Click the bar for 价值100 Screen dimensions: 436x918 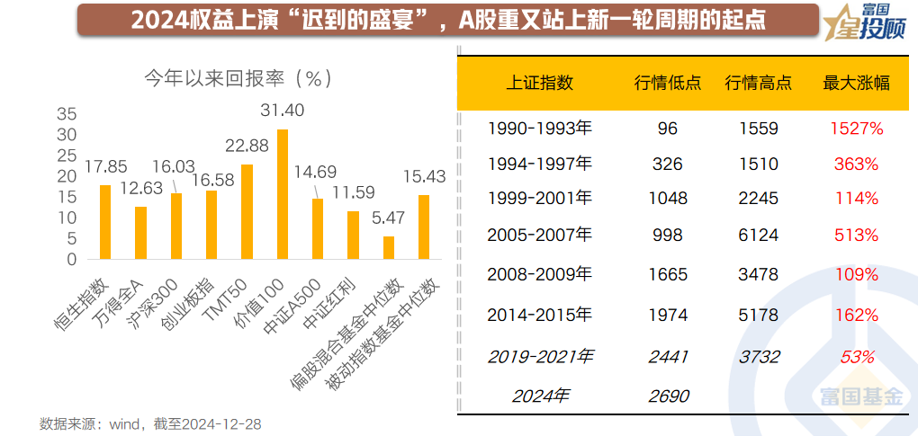pyautogui.click(x=283, y=194)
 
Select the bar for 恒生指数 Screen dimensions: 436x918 pyautogui.click(x=105, y=222)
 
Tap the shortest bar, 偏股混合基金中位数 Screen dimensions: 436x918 pyautogui.click(x=389, y=248)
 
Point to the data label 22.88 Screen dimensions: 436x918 pyautogui.click(x=247, y=146)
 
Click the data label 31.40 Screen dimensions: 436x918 pyautogui.click(x=283, y=111)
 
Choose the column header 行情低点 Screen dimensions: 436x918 pyautogui.click(x=667, y=83)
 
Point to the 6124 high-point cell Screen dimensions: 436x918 pyautogui.click(x=758, y=235)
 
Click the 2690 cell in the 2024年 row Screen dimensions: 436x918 pyautogui.click(x=667, y=394)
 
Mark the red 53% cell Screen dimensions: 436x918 pyautogui.click(x=857, y=356)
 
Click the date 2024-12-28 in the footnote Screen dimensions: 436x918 pyautogui.click(x=221, y=423)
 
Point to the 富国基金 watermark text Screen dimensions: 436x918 pyautogui.click(x=859, y=395)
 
